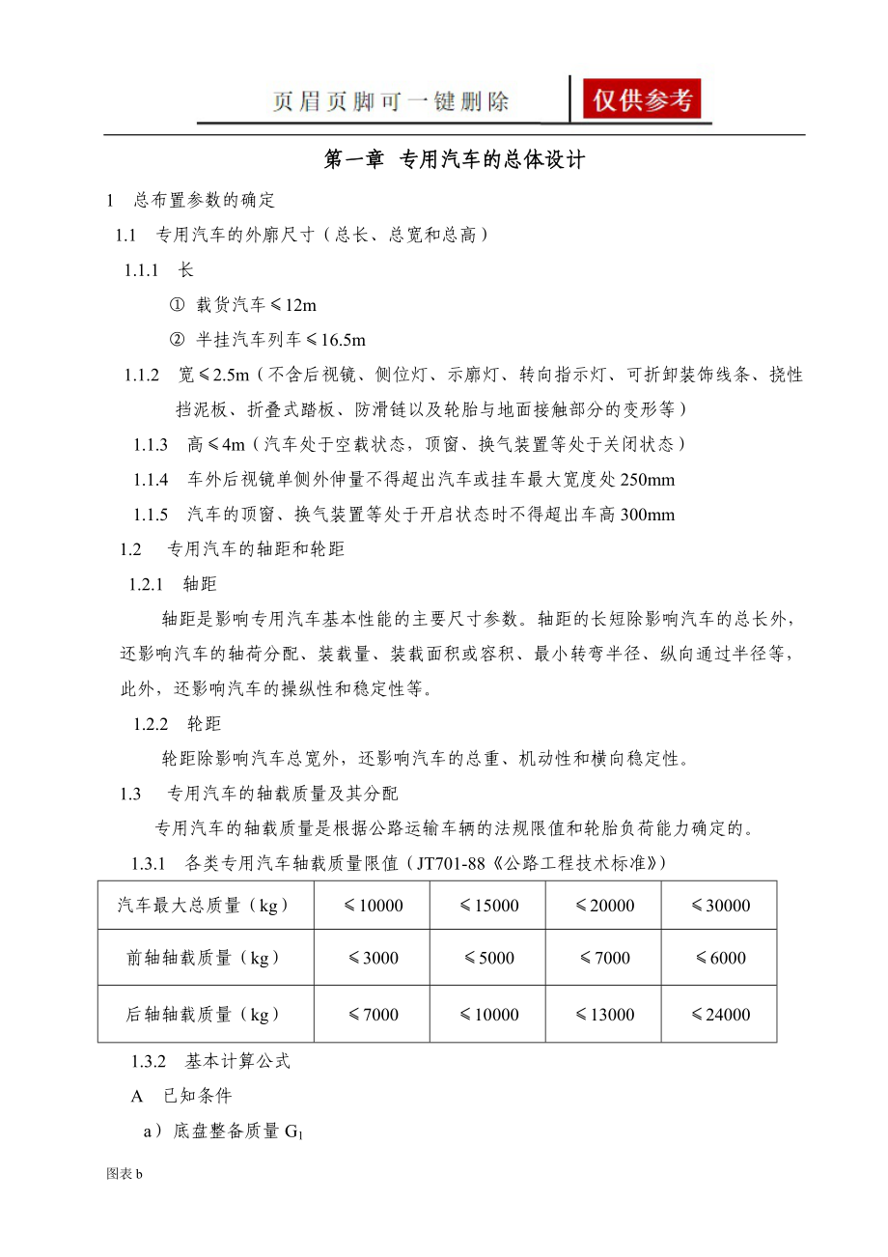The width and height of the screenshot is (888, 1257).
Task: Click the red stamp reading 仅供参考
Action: [642, 99]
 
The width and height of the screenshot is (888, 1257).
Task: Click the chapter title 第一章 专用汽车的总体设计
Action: [455, 160]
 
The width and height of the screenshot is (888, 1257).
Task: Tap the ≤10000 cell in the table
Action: [373, 906]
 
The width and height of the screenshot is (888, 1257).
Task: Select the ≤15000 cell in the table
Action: [488, 906]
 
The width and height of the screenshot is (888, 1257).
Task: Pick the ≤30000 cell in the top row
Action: [720, 906]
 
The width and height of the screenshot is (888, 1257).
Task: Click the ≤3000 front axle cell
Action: [373, 958]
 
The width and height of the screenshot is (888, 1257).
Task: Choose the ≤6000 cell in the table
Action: [720, 958]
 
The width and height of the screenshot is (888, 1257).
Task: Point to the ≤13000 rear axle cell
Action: [604, 1015]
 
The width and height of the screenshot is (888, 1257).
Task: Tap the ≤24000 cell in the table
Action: [720, 1015]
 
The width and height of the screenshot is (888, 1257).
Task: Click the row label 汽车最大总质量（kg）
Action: [204, 906]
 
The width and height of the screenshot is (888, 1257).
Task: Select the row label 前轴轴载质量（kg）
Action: [204, 958]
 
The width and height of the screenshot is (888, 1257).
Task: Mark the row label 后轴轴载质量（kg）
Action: [204, 1015]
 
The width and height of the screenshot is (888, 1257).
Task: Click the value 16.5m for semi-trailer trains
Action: [345, 340]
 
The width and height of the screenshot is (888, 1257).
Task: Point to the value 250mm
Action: [648, 480]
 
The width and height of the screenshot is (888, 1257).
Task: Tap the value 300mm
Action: [648, 515]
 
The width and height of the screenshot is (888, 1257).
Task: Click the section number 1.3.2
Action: [150, 1062]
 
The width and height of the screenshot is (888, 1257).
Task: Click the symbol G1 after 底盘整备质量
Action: [293, 1131]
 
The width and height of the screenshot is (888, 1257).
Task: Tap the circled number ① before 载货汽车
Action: [177, 305]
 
